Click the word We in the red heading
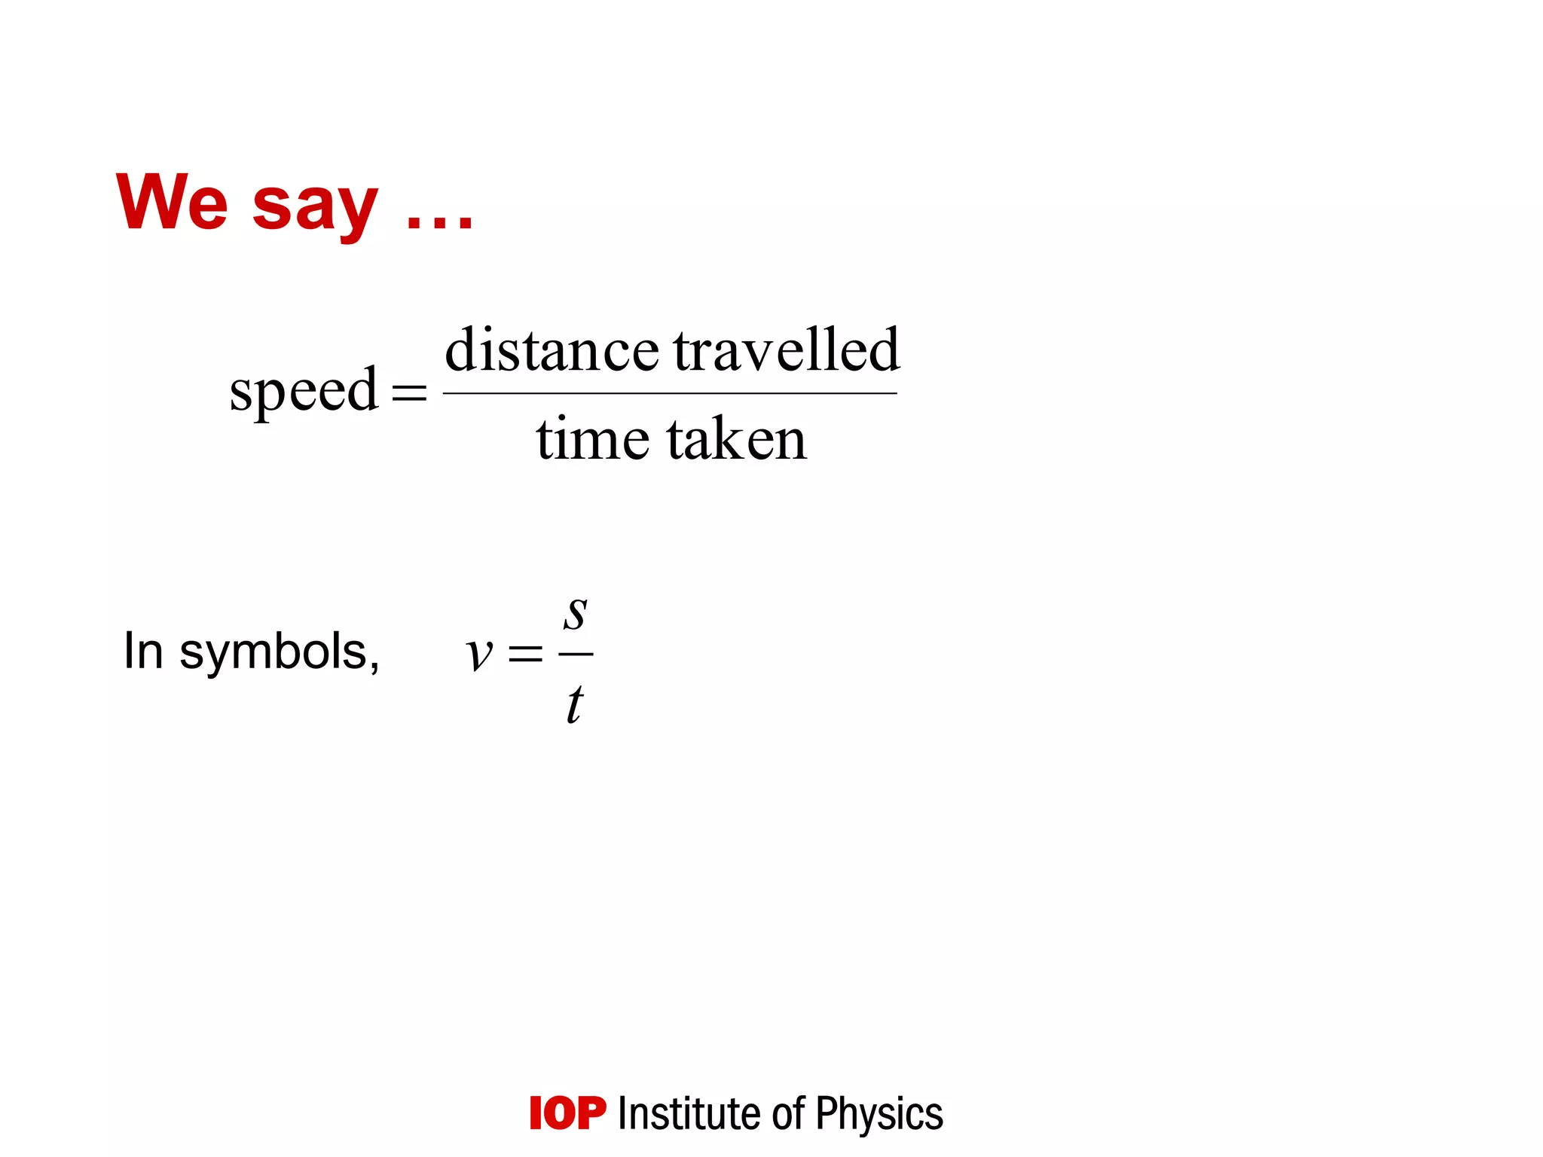172,201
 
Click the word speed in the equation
304,391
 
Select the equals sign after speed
409,392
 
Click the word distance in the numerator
552,350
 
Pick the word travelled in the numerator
786,350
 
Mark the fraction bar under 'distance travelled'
670,393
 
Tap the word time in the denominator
592,438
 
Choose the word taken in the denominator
737,438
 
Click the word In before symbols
143,651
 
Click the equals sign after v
525,653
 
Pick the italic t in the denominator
574,704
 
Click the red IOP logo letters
567,1113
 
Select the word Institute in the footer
689,1113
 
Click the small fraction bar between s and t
576,654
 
